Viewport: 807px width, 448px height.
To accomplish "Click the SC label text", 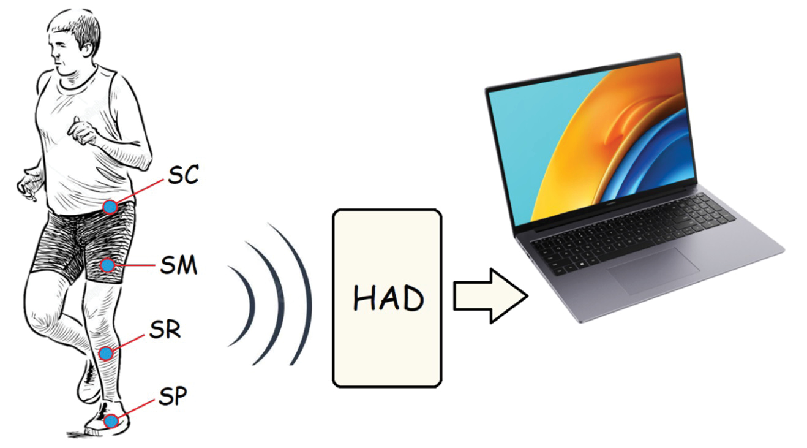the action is click(183, 175).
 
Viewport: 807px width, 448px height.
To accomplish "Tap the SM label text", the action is click(179, 265).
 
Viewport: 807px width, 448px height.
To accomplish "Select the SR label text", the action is click(165, 329).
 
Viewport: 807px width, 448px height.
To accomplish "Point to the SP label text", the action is click(173, 396).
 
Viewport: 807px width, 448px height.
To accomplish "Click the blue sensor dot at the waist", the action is click(110, 207).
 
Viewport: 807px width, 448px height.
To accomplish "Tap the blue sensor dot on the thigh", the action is click(107, 265).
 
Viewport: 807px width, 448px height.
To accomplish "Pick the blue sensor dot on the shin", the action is click(106, 354).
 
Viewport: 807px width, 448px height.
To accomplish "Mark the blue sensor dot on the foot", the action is click(111, 420).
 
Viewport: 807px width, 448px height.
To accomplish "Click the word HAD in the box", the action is click(388, 298).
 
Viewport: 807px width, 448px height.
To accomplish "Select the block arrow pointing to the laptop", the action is click(490, 296).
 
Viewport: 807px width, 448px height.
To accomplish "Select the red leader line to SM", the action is click(135, 265).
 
